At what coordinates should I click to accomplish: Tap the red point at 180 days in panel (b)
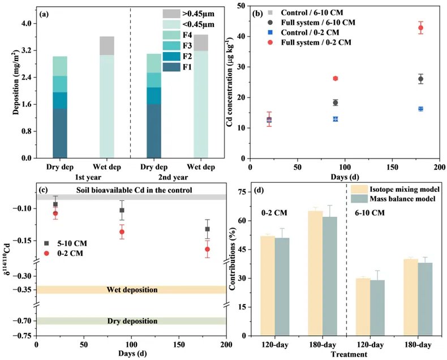point(420,28)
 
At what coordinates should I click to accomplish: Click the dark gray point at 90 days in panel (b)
point(336,102)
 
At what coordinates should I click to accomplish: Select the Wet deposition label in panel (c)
point(132,290)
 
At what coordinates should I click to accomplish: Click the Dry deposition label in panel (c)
point(132,321)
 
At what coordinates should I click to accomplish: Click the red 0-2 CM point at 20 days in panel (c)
point(55,213)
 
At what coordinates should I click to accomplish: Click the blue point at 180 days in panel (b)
point(420,109)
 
